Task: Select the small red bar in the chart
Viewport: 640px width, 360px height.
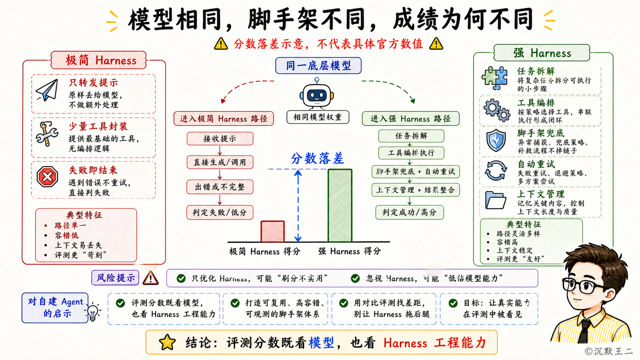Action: click(x=273, y=231)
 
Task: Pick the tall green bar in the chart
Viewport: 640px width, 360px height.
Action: click(x=340, y=205)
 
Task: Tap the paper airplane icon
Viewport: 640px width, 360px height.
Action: click(x=47, y=90)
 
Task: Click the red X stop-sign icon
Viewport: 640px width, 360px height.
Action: click(x=47, y=177)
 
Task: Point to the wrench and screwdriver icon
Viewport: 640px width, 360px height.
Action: click(x=47, y=134)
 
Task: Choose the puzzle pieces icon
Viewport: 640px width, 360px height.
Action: click(x=495, y=78)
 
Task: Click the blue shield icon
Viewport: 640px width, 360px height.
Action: click(x=496, y=140)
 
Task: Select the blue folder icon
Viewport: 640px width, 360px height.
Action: click(x=496, y=200)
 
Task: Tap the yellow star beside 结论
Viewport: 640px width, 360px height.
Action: click(x=167, y=342)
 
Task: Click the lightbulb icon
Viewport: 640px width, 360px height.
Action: click(x=93, y=313)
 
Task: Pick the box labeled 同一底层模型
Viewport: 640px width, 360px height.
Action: click(x=318, y=66)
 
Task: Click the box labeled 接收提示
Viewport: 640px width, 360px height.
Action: click(x=220, y=139)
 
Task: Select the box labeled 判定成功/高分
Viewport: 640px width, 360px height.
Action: click(x=410, y=212)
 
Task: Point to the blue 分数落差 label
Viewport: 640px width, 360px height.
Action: click(x=317, y=158)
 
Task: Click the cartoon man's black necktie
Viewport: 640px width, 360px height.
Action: click(x=584, y=331)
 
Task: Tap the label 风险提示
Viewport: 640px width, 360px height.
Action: click(x=115, y=278)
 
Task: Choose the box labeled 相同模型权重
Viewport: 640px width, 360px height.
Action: click(x=318, y=117)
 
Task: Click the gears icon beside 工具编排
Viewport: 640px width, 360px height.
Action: click(x=496, y=110)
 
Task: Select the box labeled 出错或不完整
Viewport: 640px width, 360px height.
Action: click(x=220, y=187)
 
